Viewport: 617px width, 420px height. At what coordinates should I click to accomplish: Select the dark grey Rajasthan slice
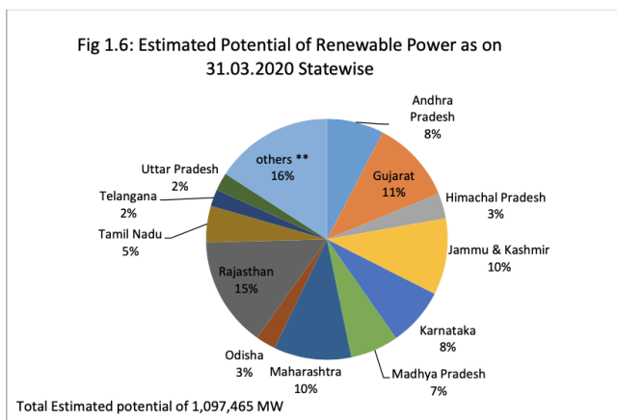251,284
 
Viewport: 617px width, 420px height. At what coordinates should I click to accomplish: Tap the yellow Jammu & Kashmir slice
415,250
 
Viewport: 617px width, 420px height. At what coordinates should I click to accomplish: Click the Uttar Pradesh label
180,170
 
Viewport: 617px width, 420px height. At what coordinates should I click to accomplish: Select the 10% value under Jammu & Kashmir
498,267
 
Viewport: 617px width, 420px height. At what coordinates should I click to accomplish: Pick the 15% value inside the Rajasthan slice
246,287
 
